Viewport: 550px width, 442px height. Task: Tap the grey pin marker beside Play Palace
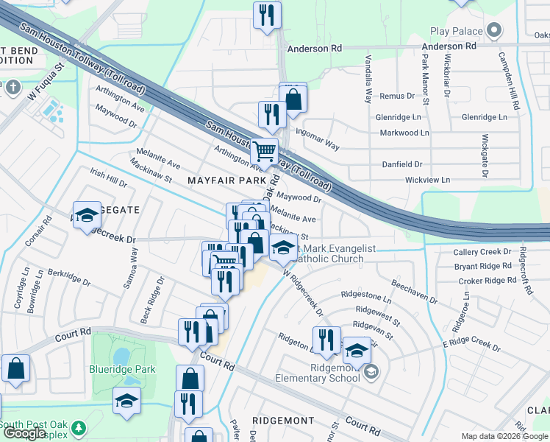(493, 31)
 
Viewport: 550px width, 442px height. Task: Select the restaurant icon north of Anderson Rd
(266, 14)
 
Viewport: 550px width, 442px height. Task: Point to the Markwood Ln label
(404, 133)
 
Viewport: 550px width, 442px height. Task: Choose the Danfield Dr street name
(403, 164)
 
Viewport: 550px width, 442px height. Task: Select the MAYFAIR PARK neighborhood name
(226, 180)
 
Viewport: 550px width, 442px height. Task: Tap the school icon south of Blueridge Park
(126, 401)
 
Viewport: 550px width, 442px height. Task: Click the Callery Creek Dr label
(482, 252)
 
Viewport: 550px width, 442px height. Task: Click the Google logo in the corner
(24, 434)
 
